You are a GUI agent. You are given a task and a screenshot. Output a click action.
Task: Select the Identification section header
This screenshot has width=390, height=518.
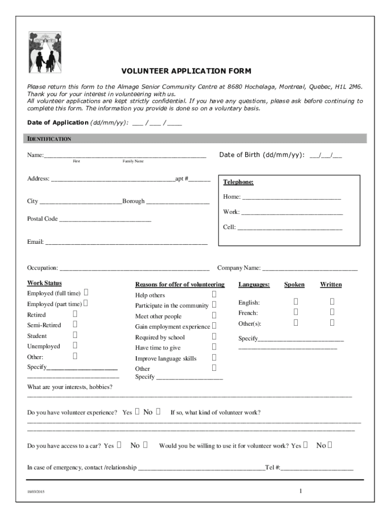coord(49,139)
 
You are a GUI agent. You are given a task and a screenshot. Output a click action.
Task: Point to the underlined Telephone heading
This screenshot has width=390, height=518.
coord(238,182)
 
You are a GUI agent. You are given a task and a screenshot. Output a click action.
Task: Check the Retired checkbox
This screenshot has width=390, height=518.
coord(75,314)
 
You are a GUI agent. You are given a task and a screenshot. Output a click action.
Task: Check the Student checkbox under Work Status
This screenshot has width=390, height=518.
coord(75,335)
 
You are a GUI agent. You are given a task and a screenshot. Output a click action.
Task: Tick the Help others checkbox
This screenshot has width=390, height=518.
coord(214,294)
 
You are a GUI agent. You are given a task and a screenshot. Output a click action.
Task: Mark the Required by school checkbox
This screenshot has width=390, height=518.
coord(214,336)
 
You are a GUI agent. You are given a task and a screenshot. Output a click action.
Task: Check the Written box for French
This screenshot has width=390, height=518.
coord(332,312)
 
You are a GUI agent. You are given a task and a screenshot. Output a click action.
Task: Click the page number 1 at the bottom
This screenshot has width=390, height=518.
coord(300,491)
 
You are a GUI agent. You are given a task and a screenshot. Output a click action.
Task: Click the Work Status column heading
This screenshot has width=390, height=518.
coord(45,283)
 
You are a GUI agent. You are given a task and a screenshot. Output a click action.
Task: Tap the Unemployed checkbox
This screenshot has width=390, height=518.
coord(75,346)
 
